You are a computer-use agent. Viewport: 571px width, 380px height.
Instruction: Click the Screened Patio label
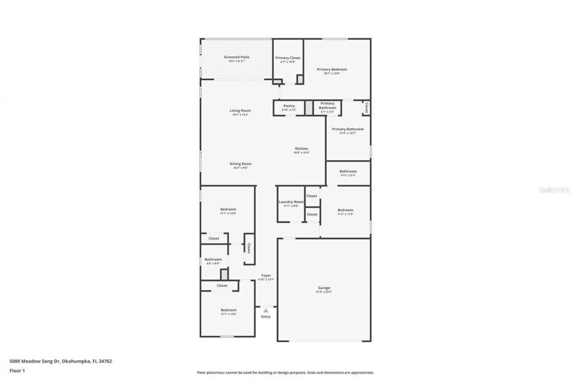click(236, 57)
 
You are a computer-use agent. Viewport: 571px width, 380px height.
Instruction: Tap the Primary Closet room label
click(288, 58)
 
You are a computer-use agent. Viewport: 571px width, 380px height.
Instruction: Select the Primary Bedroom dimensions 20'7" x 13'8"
click(332, 74)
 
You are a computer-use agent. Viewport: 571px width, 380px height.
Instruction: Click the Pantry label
click(289, 106)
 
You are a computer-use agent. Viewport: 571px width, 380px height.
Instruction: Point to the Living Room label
click(240, 110)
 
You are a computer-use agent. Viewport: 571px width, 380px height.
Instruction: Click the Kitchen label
click(302, 149)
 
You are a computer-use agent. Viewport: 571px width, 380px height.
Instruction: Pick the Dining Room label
click(240, 163)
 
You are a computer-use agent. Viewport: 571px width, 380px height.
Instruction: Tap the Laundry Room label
click(291, 202)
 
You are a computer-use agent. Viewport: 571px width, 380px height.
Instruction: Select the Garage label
click(324, 288)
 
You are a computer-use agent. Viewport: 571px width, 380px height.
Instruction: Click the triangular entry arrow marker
click(266, 311)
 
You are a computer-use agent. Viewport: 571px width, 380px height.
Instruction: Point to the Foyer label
click(266, 275)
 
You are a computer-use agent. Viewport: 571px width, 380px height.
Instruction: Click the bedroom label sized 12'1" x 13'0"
click(228, 209)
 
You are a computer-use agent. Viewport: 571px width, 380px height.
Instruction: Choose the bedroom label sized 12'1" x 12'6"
click(228, 310)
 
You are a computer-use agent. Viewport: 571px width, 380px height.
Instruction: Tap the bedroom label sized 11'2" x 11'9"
click(345, 210)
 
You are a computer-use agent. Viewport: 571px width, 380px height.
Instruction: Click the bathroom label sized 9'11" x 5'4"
click(348, 171)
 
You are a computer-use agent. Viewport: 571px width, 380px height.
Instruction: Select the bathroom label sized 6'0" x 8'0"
click(213, 259)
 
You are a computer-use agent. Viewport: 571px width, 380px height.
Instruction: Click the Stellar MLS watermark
click(554, 190)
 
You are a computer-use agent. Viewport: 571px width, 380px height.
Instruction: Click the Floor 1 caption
click(17, 371)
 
